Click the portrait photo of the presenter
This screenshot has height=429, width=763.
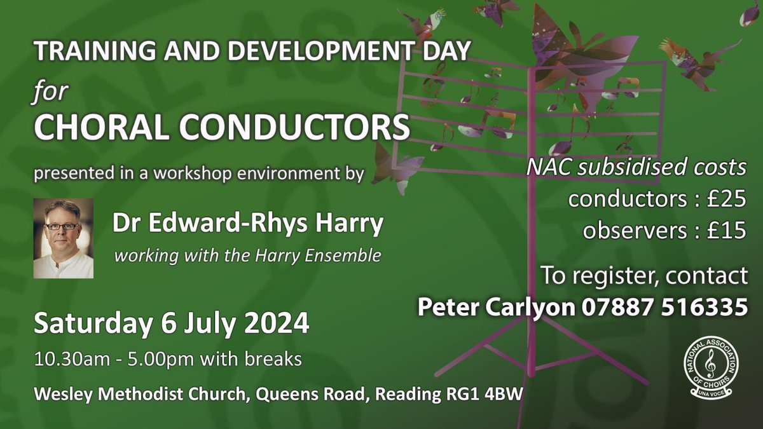click(x=64, y=238)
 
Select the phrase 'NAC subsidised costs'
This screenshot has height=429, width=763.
click(x=636, y=168)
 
